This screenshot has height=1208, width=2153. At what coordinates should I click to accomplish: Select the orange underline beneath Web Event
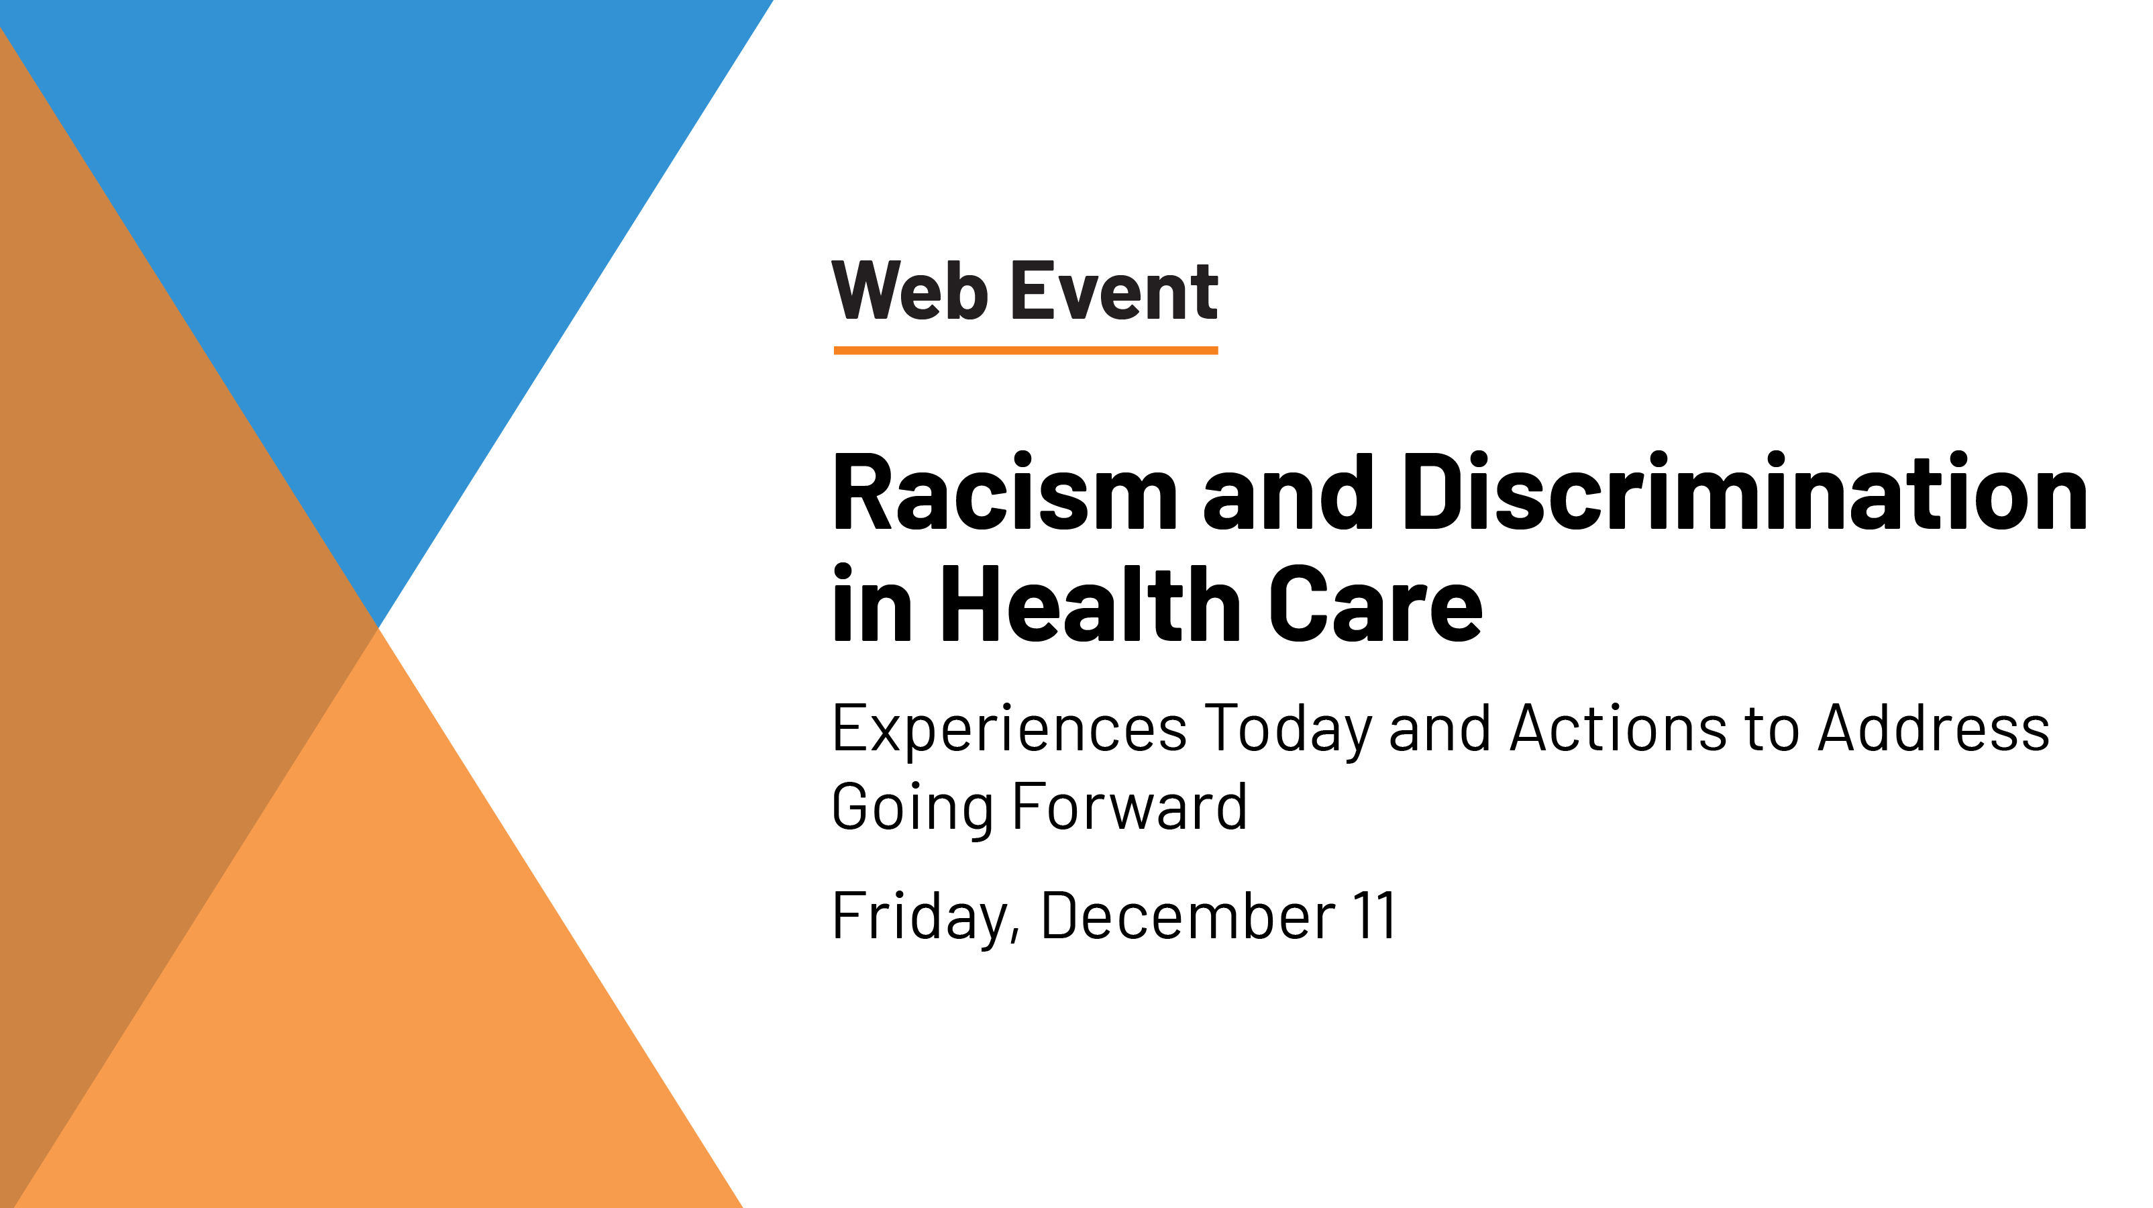point(1026,350)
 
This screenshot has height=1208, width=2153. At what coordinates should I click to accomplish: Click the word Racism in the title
point(1004,493)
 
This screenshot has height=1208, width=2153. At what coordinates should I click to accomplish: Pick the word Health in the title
point(1091,603)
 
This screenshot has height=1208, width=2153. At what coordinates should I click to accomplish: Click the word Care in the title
point(1375,603)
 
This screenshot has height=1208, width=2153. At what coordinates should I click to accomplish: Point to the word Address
point(1934,727)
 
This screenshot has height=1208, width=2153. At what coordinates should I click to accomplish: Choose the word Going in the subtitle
point(910,807)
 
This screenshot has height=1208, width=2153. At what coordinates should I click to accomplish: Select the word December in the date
point(1188,916)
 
